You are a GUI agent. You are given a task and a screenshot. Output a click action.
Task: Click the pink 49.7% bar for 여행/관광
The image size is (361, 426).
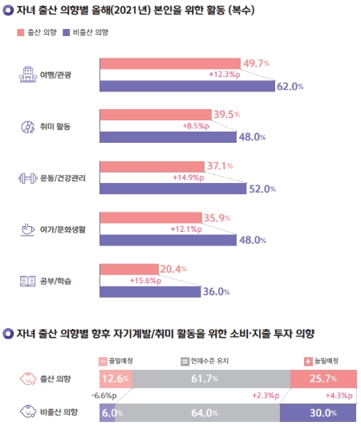(168, 63)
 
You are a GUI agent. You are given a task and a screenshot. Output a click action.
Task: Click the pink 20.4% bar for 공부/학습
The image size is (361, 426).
(128, 269)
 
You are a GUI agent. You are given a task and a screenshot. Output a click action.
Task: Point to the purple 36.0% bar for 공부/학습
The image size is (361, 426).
(148, 290)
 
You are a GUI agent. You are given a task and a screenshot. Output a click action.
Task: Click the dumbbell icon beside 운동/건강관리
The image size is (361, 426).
(26, 177)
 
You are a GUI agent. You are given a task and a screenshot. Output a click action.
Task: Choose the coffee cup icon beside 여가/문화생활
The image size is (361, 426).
(26, 229)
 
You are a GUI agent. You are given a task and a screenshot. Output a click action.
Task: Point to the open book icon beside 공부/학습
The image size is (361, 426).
(26, 280)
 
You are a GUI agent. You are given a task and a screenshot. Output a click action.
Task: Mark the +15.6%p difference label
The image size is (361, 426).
(139, 280)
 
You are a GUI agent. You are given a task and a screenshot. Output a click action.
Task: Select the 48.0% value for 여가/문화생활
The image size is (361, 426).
(252, 239)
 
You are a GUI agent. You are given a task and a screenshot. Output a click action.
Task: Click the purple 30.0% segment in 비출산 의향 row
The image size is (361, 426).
(318, 414)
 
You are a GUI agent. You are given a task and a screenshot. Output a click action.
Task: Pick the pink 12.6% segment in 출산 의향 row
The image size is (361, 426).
(116, 377)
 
